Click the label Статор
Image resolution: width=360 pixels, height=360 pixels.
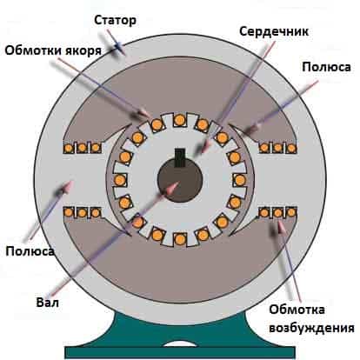[115, 20]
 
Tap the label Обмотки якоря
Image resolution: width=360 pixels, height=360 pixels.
[53, 50]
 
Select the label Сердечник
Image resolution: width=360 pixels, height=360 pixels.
[274, 31]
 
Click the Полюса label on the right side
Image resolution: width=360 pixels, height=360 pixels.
[326, 67]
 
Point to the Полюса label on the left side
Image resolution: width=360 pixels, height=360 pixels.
[30, 251]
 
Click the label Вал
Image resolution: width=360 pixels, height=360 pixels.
[48, 303]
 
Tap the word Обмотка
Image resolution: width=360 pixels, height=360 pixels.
[297, 310]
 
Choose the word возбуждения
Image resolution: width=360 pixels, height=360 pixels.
[311, 328]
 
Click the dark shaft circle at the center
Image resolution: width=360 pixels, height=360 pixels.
[180, 180]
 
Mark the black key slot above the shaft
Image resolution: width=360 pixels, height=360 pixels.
[180, 157]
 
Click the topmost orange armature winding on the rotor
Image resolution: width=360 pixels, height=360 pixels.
[179, 119]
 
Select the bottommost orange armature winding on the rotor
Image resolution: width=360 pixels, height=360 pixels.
[180, 239]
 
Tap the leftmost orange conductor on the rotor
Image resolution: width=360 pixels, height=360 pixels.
[119, 180]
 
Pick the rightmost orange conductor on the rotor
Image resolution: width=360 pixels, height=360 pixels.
[240, 180]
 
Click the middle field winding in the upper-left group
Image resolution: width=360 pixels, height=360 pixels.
[82, 148]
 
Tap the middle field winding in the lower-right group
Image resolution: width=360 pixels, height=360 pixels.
[277, 213]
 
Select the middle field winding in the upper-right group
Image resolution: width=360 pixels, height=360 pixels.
[277, 148]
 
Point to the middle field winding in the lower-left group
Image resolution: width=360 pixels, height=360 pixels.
[82, 213]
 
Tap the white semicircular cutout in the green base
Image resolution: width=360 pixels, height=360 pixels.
[179, 343]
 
